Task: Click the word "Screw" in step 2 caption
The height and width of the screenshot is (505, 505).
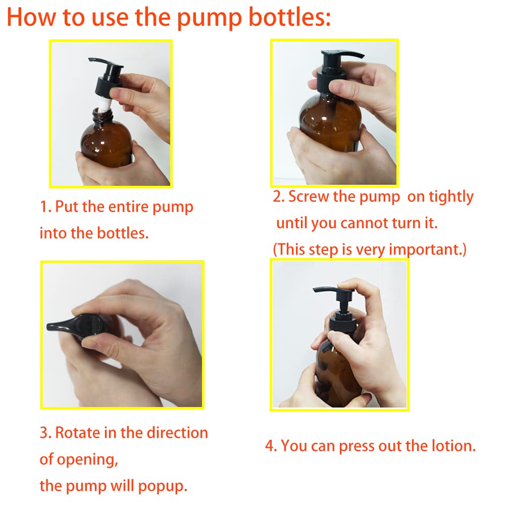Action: click(309, 197)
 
